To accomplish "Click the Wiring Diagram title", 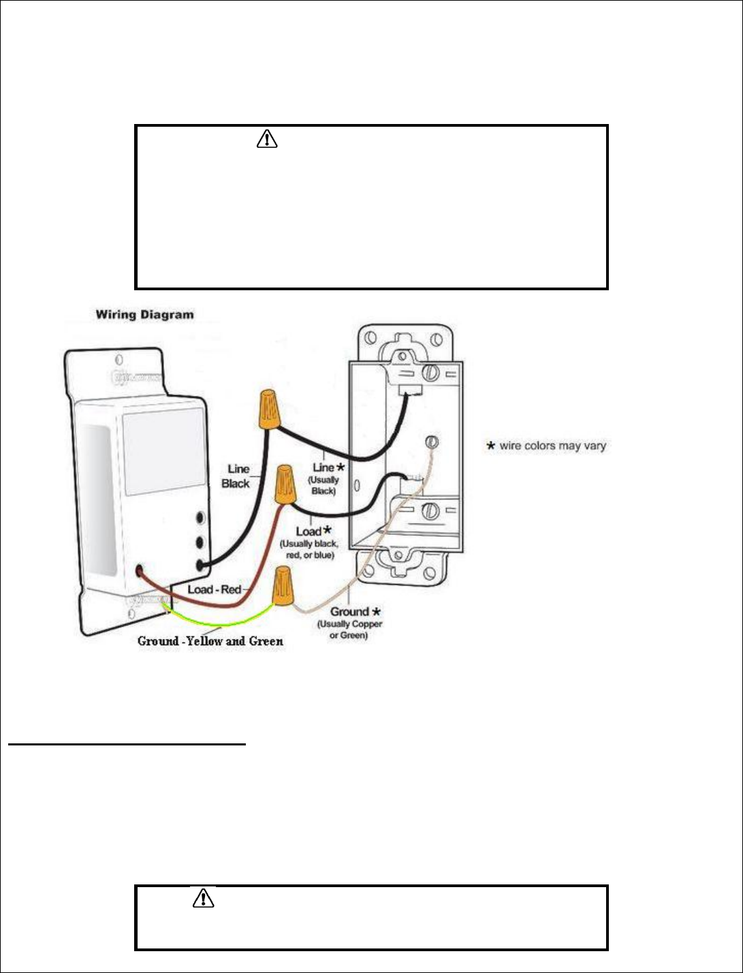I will pyautogui.click(x=144, y=315).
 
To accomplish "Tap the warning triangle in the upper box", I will pyautogui.click(x=267, y=139).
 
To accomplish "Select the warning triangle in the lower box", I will pyautogui.click(x=203, y=899).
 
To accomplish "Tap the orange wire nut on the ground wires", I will pyautogui.click(x=283, y=589).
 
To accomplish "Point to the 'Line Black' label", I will pyautogui.click(x=236, y=476).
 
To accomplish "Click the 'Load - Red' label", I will pyautogui.click(x=215, y=589).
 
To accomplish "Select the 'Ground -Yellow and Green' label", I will pyautogui.click(x=210, y=641).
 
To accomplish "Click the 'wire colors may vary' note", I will pyautogui.click(x=552, y=446).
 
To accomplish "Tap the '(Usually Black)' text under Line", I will pyautogui.click(x=324, y=485).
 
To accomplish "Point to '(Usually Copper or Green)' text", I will pyautogui.click(x=350, y=630).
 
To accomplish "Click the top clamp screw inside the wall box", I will pyautogui.click(x=430, y=373).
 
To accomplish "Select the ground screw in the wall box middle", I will pyautogui.click(x=430, y=440).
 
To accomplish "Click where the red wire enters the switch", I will pyautogui.click(x=140, y=571).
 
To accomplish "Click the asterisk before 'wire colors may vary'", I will pyautogui.click(x=490, y=446).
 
